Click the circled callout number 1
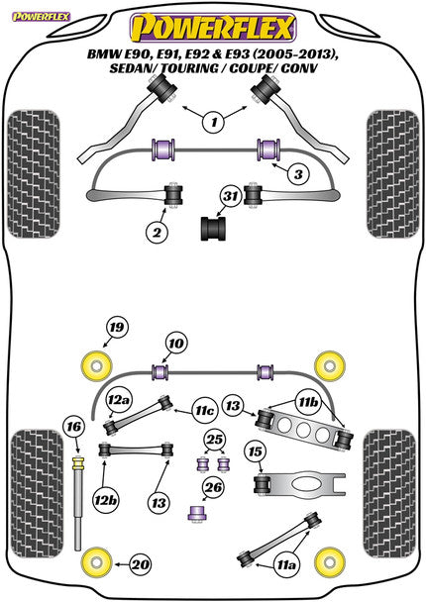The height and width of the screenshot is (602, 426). pyautogui.click(x=211, y=124)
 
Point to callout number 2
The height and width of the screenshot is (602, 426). pyautogui.click(x=157, y=233)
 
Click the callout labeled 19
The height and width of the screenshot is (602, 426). pyautogui.click(x=117, y=328)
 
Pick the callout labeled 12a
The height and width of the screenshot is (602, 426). pyautogui.click(x=120, y=400)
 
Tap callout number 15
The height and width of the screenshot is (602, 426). pyautogui.click(x=256, y=453)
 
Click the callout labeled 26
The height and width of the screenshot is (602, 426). pyautogui.click(x=211, y=487)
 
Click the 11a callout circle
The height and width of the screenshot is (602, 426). pyautogui.click(x=286, y=564)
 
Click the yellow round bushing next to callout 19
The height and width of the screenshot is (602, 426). pyautogui.click(x=98, y=363)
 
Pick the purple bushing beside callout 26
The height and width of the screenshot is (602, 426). pyautogui.click(x=196, y=513)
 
